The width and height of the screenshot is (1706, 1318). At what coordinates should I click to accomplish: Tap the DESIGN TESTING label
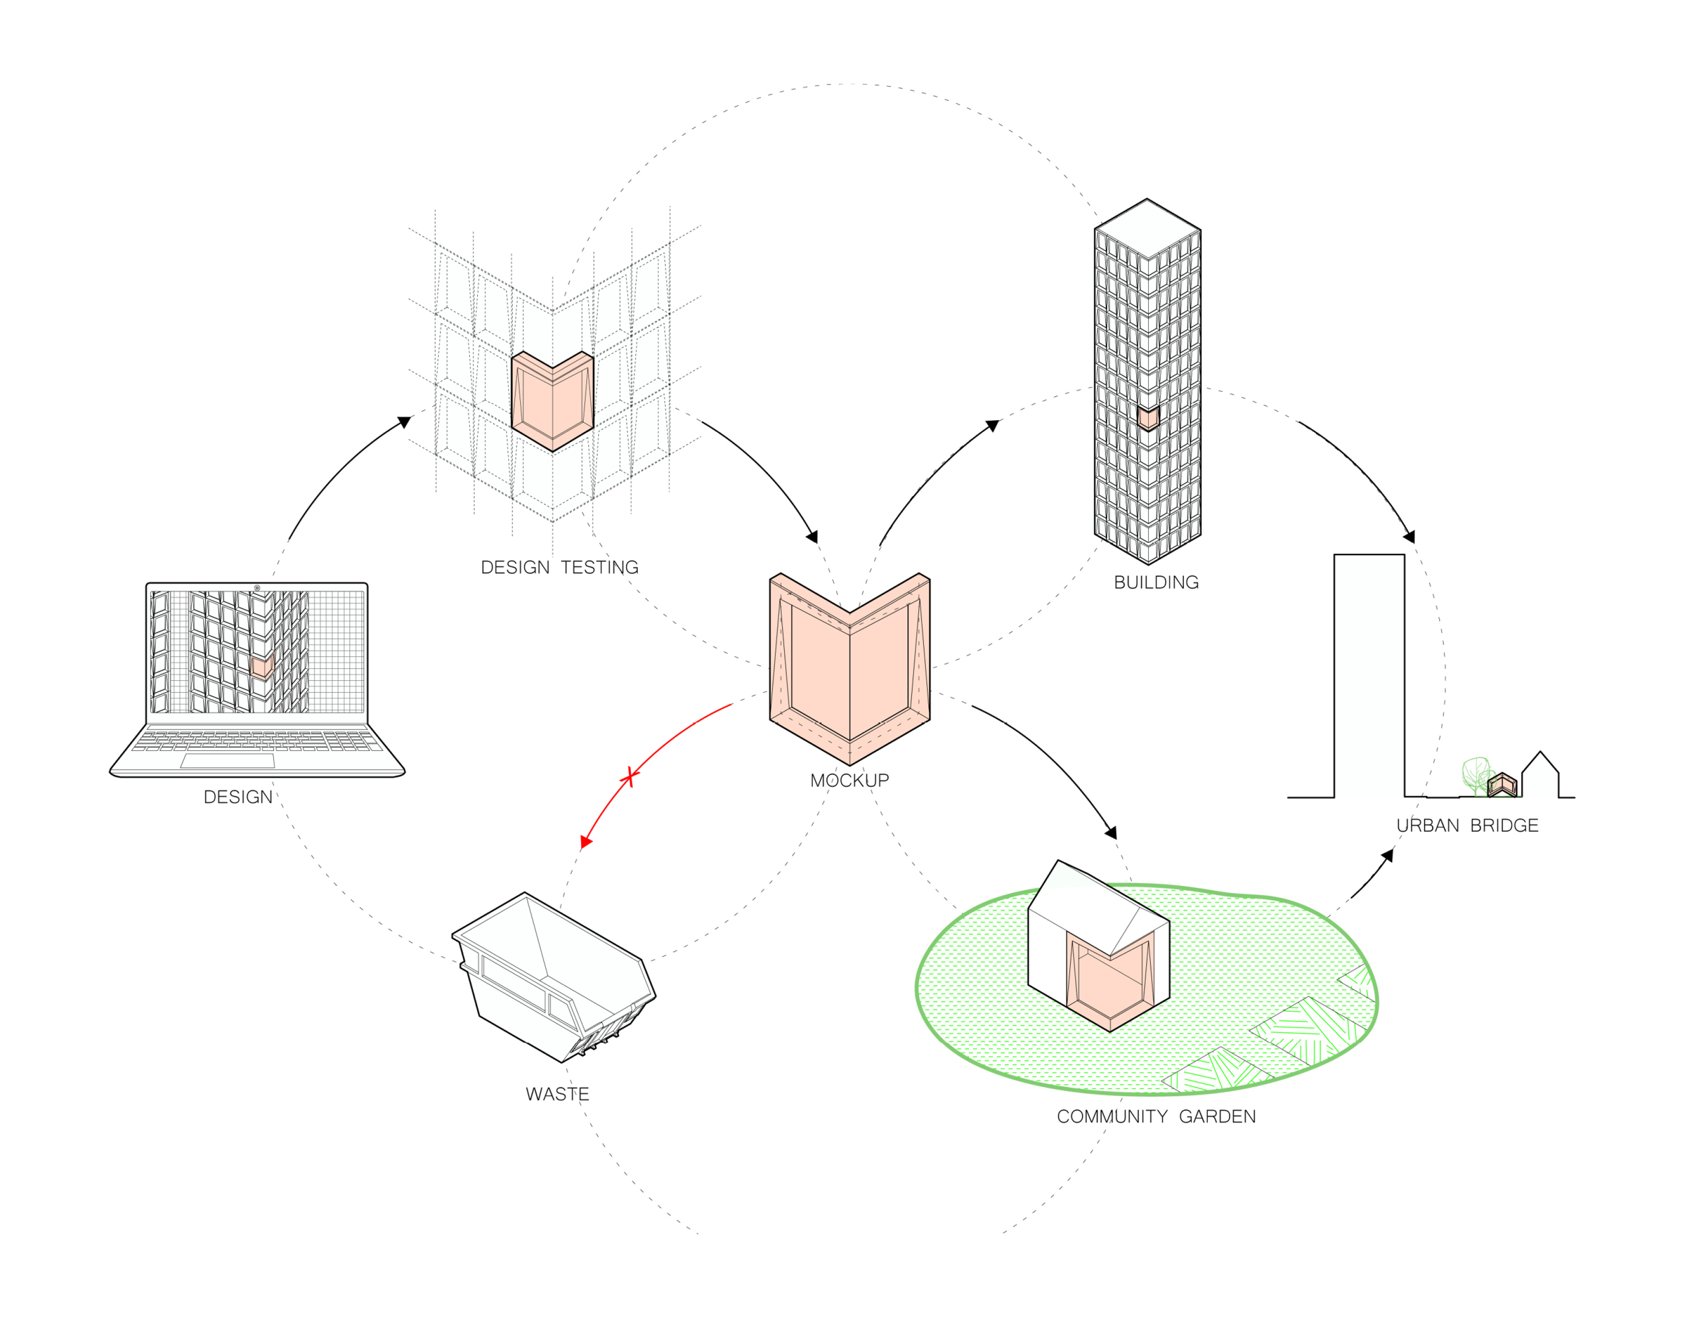pyautogui.click(x=559, y=568)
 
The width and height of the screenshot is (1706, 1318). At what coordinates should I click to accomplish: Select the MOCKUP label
pyautogui.click(x=849, y=780)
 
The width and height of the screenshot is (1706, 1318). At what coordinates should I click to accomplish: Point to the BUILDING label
pyautogui.click(x=1156, y=583)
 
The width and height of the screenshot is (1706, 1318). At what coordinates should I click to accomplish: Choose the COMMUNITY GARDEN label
pyautogui.click(x=1156, y=1116)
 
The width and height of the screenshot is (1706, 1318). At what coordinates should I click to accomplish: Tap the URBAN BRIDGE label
pyautogui.click(x=1467, y=825)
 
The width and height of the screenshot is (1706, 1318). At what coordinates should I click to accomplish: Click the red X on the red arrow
pyautogui.click(x=629, y=777)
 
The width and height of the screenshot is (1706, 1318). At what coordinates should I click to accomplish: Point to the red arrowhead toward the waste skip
pyautogui.click(x=586, y=841)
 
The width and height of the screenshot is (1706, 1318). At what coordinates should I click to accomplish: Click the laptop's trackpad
pyautogui.click(x=227, y=760)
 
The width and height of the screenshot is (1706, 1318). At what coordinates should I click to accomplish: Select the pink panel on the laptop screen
pyautogui.click(x=262, y=666)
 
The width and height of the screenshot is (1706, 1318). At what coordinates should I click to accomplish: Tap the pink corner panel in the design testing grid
pyautogui.click(x=552, y=402)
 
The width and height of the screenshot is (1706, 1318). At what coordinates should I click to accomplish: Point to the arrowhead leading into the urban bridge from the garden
pyautogui.click(x=1388, y=856)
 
